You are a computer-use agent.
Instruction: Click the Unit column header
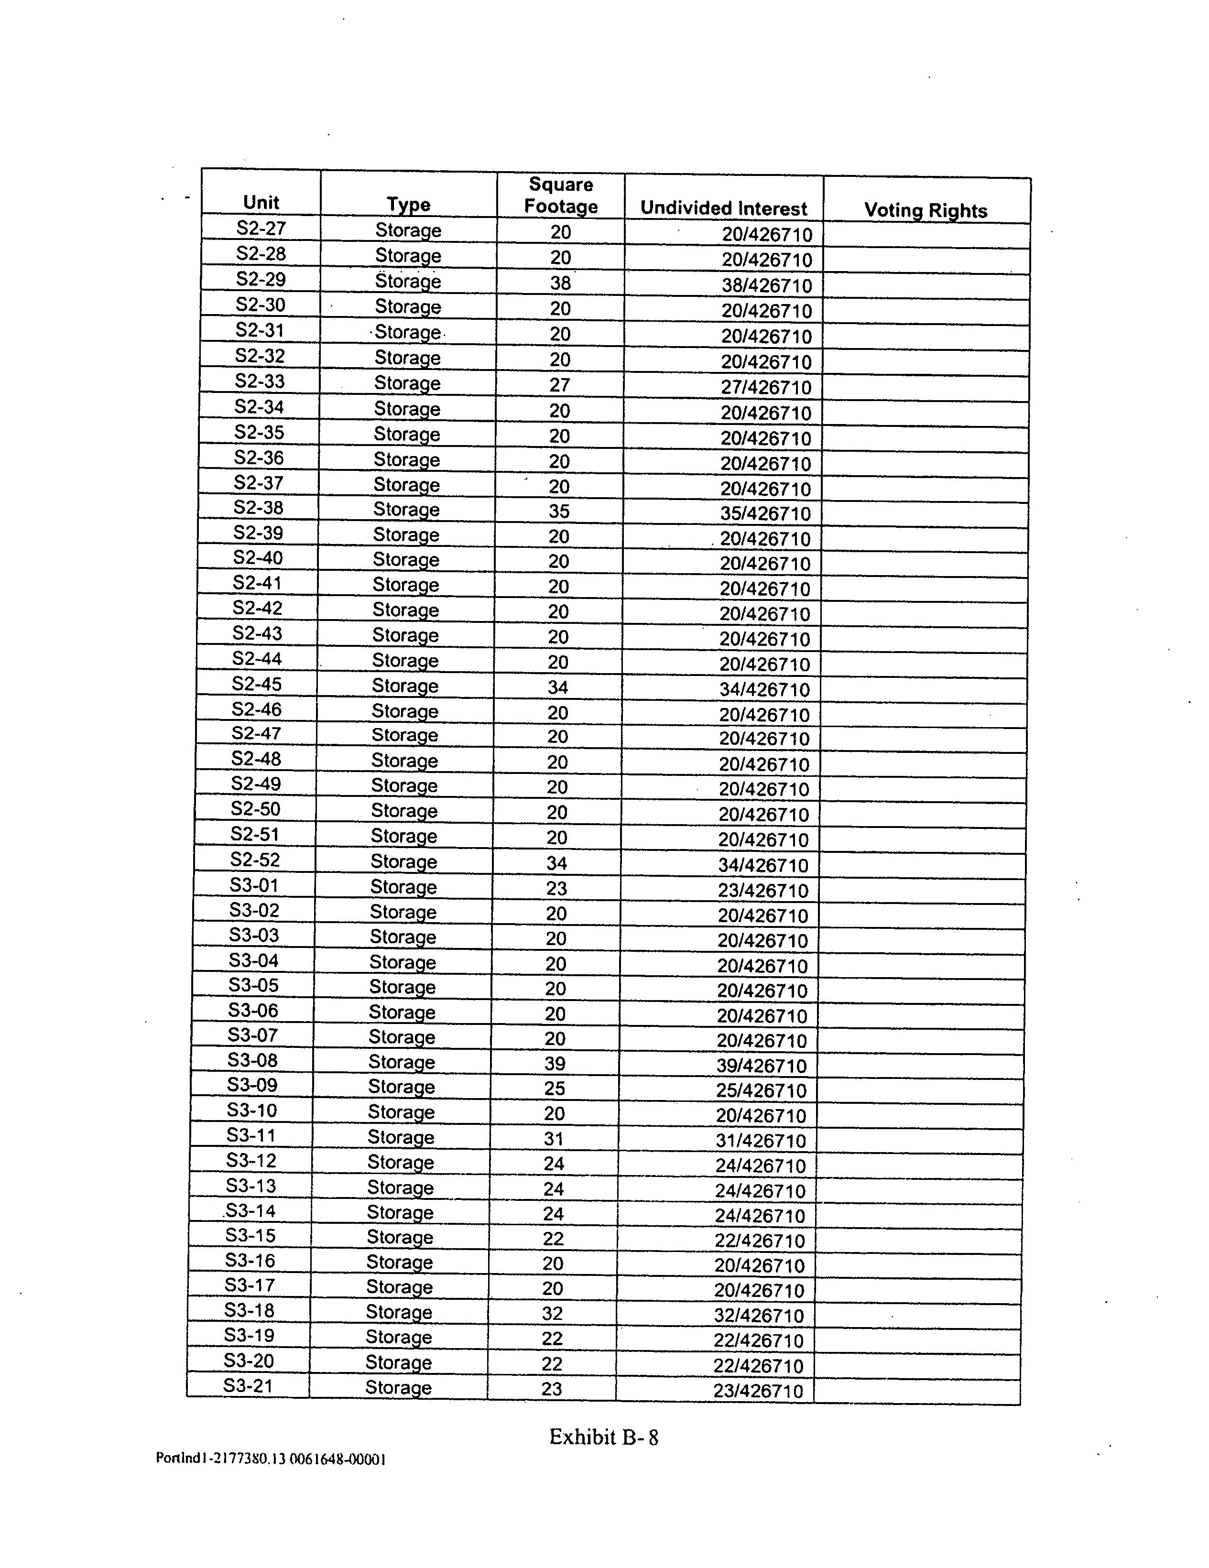[261, 203]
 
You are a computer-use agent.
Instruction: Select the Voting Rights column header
[926, 210]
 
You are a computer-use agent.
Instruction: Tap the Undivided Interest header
[724, 208]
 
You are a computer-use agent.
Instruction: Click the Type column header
[409, 205]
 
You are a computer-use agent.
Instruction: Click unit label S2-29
[261, 279]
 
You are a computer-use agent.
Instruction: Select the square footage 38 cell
[560, 283]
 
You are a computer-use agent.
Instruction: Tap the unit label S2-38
[259, 508]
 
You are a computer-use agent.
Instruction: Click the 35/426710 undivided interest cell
[765, 514]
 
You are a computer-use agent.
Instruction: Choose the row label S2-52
[255, 860]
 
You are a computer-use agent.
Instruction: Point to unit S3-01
[254, 885]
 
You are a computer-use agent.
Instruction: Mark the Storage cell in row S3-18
[398, 1312]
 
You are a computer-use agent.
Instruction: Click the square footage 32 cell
[552, 1314]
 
